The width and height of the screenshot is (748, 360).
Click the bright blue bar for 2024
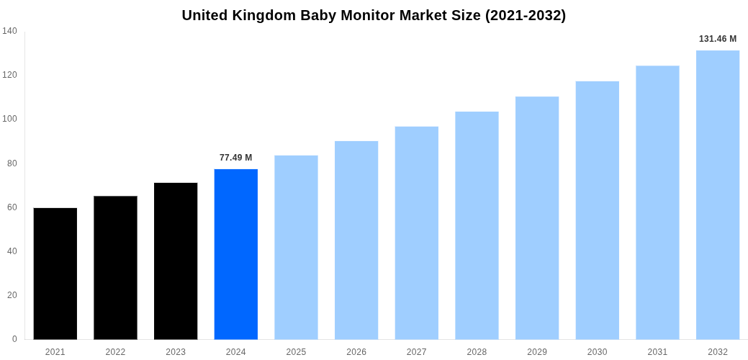(235, 254)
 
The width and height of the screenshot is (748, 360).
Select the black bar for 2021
(55, 274)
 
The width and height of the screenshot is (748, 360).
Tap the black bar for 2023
(176, 261)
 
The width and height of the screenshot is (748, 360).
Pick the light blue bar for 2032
(717, 194)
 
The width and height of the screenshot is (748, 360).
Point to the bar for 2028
(477, 225)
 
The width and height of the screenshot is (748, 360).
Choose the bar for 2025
(296, 247)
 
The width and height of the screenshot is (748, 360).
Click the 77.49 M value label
(235, 158)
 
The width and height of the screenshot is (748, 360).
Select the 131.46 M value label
(717, 39)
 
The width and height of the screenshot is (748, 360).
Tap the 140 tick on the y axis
(9, 31)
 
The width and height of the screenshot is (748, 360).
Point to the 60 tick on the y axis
(12, 207)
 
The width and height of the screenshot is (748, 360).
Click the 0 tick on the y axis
(14, 339)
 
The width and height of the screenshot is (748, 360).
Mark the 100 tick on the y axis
(9, 119)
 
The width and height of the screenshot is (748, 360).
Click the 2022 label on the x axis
(115, 352)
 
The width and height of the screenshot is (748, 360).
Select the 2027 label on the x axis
(416, 352)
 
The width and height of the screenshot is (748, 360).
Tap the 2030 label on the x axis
(597, 352)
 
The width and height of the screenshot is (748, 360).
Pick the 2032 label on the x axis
(717, 352)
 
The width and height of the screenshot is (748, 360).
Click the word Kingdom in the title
(268, 15)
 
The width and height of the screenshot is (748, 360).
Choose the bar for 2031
(657, 202)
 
